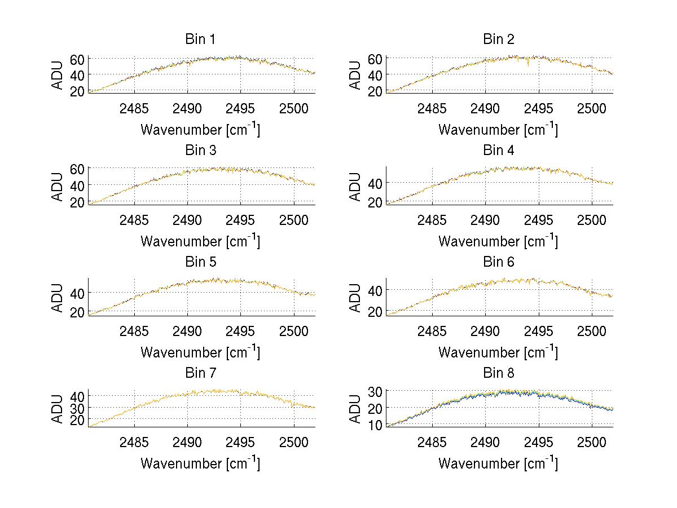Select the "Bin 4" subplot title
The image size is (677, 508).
point(498,151)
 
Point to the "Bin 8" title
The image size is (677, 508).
point(498,373)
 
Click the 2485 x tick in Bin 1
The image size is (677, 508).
point(134,108)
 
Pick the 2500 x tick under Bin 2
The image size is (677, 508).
point(591,108)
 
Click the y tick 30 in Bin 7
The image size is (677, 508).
point(77,407)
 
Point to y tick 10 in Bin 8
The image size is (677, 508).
point(375,425)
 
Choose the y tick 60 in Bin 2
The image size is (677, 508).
point(375,58)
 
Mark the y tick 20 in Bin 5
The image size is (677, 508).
point(77,312)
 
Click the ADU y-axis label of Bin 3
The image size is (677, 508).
point(58,187)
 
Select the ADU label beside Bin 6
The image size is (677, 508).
point(355,298)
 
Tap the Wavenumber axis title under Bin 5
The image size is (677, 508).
point(200,352)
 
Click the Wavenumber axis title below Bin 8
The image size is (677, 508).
point(498,463)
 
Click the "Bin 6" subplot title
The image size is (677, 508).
point(498,262)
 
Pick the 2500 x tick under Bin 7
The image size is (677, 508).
point(293,441)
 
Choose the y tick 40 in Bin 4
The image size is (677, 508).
point(375,183)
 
